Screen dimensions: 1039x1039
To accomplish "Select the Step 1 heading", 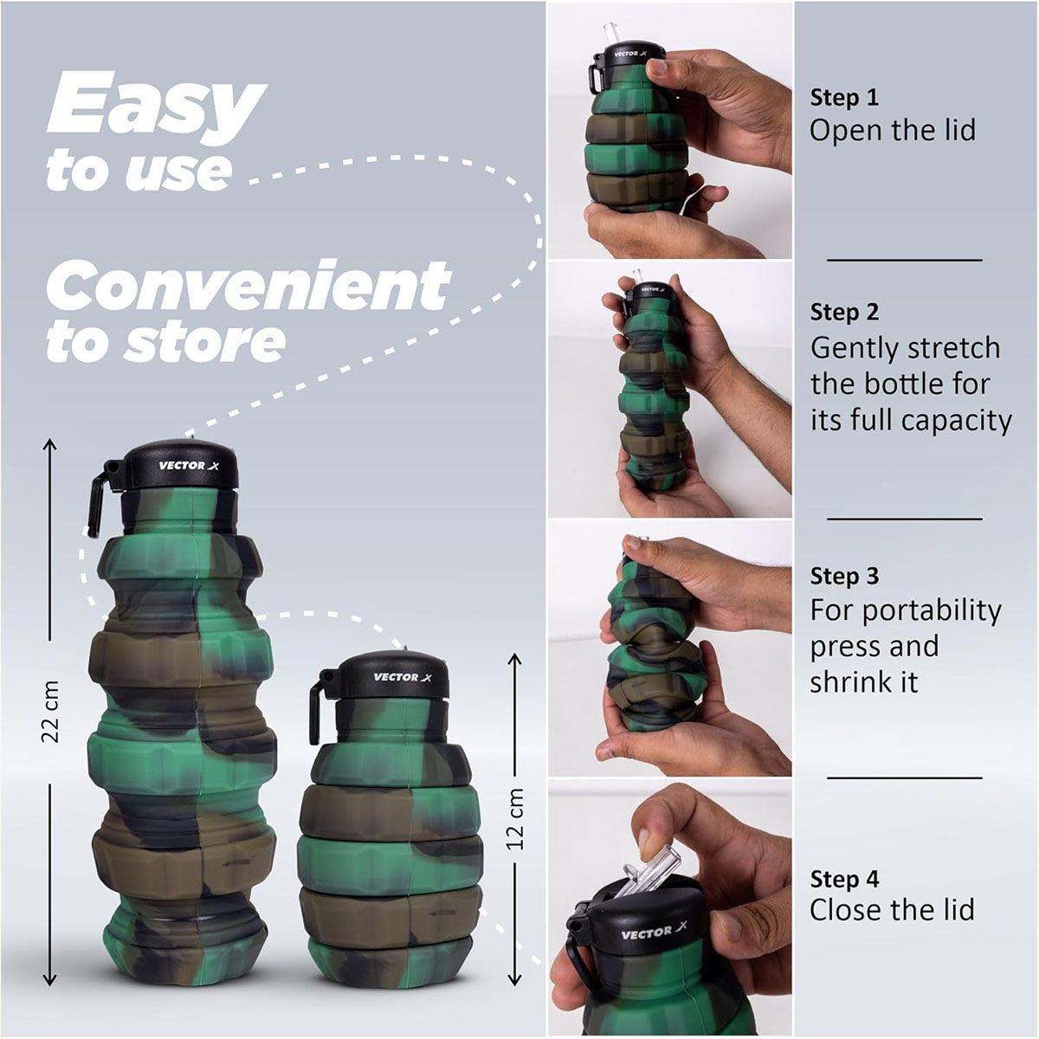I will click(x=844, y=97).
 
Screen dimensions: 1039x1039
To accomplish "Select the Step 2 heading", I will click(x=844, y=312).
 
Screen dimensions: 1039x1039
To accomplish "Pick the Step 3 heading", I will click(x=844, y=576).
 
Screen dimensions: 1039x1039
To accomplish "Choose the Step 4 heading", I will click(x=844, y=879).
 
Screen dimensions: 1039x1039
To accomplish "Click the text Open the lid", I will click(x=892, y=131).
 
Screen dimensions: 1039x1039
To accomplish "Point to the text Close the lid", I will click(x=892, y=910).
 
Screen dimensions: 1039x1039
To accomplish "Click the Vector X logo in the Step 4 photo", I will click(x=647, y=933).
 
